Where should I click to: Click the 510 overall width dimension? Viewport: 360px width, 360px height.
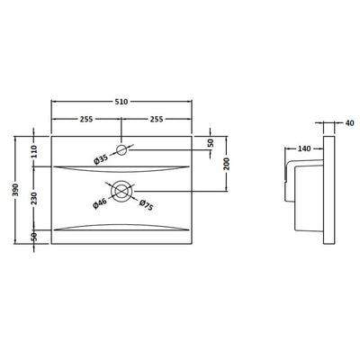pos(121,102)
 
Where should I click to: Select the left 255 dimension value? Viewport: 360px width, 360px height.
pos(86,119)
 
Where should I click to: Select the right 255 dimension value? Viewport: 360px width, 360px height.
pos(157,119)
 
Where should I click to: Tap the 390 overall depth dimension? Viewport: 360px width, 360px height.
pos(15,190)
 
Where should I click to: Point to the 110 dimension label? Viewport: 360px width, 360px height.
pos(33,151)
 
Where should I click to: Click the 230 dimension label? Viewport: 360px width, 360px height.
pos(33,198)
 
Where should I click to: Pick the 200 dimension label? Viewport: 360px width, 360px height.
pos(227,164)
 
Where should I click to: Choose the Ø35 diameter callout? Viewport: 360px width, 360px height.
pos(101,159)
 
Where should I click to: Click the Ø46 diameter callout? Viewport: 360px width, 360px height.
pos(100,204)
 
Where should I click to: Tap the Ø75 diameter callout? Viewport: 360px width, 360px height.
pos(146,205)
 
